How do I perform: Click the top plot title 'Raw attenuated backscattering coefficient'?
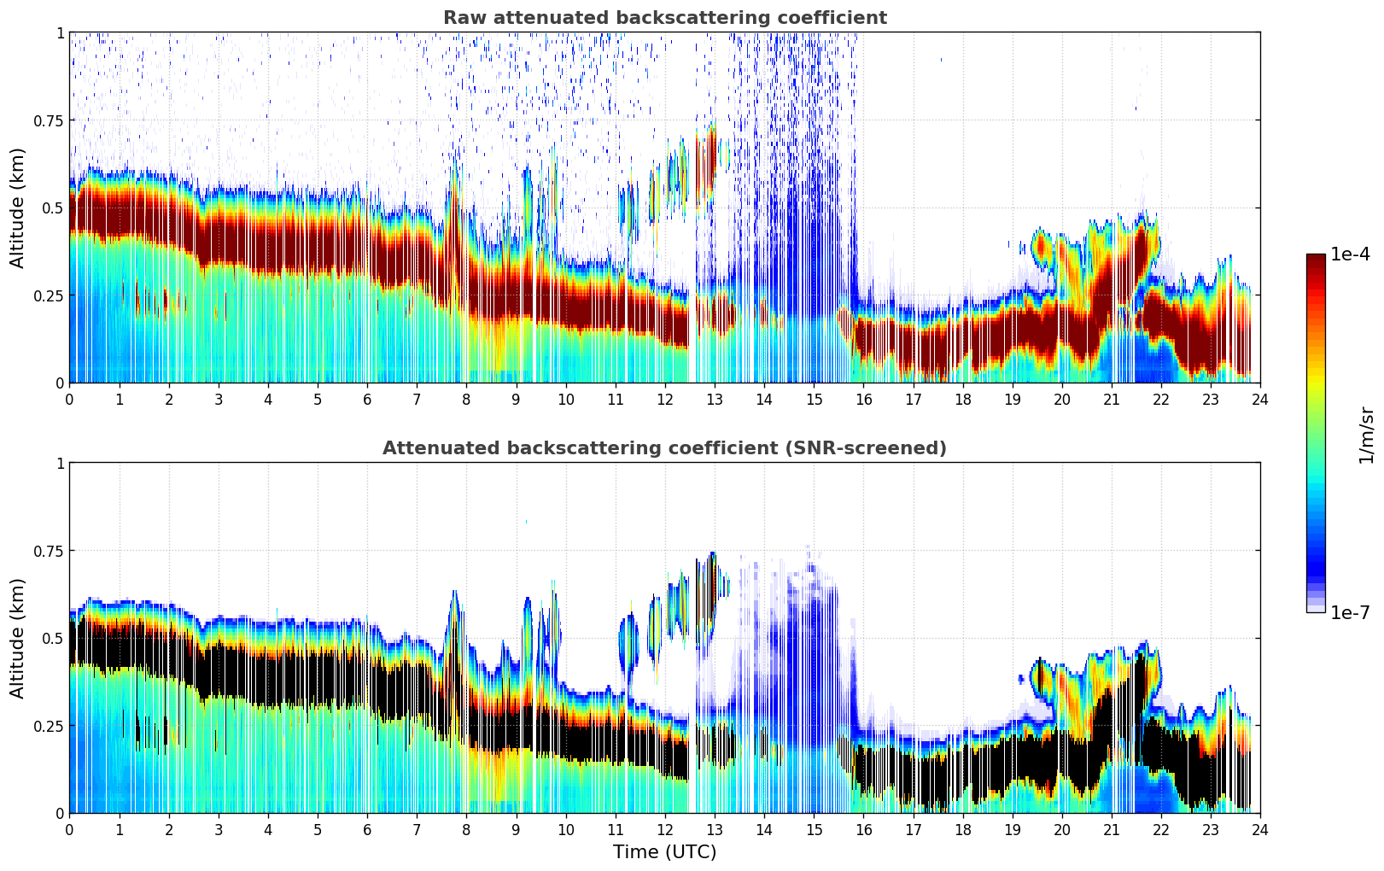click(x=664, y=18)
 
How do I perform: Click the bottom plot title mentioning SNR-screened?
click(x=664, y=448)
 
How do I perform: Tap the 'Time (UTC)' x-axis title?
click(x=664, y=852)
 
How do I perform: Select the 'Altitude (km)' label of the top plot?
click(x=18, y=208)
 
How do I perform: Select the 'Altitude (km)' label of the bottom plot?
click(x=18, y=638)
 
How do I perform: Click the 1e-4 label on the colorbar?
click(x=1350, y=254)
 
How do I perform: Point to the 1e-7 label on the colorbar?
click(x=1350, y=612)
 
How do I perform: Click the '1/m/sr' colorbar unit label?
click(x=1366, y=434)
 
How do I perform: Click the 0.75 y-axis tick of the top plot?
click(x=49, y=120)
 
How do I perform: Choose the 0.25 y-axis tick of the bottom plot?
click(x=49, y=726)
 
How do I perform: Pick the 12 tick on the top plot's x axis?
click(x=664, y=399)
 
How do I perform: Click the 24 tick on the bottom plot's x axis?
click(x=1260, y=829)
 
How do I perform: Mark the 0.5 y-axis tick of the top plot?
click(x=54, y=208)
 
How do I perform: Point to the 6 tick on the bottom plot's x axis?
click(x=367, y=829)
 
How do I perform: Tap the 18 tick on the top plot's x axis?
click(x=962, y=399)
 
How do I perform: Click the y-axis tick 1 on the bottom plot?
click(x=60, y=463)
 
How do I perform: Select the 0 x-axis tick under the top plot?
click(x=69, y=399)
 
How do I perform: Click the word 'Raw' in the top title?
click(x=461, y=18)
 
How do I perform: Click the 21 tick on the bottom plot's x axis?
click(x=1111, y=829)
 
